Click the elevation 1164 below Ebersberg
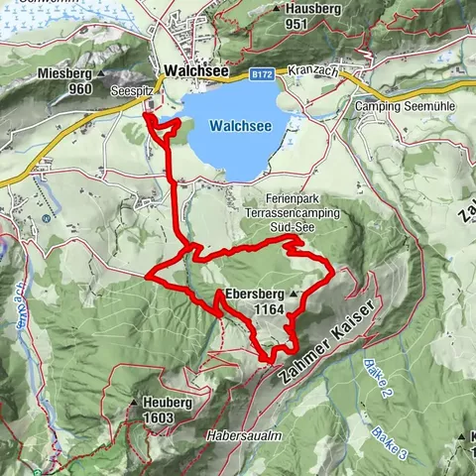tap(269, 309)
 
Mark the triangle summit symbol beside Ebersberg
tap(295, 295)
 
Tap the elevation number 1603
tap(157, 418)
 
